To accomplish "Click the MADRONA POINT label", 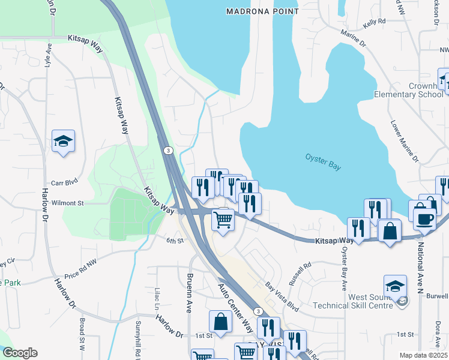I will pyautogui.click(x=262, y=11).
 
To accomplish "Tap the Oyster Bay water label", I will pyautogui.click(x=322, y=162).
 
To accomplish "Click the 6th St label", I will pyautogui.click(x=174, y=241).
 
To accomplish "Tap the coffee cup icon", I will pyautogui.click(x=424, y=218).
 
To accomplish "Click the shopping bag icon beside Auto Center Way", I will pyautogui.click(x=220, y=321).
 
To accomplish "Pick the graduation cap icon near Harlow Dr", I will pyautogui.click(x=63, y=142).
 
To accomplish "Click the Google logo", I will pyautogui.click(x=19, y=353).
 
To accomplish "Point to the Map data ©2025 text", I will pyautogui.click(x=423, y=355).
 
